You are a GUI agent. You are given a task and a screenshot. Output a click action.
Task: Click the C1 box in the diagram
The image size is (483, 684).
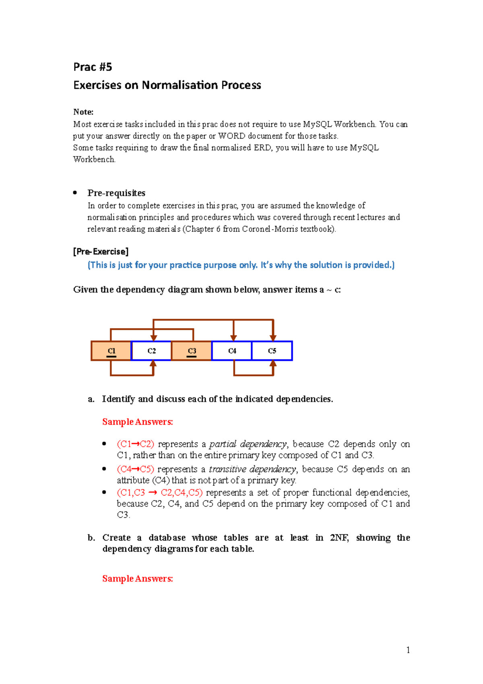tap(111, 351)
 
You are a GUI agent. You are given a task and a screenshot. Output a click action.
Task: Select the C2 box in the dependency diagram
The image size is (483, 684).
tap(151, 351)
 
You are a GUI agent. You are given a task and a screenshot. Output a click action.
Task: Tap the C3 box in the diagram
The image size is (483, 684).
tap(192, 351)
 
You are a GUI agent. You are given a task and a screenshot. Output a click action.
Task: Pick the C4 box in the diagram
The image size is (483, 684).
tap(232, 351)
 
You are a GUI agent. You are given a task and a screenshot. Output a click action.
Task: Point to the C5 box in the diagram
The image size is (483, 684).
tap(272, 351)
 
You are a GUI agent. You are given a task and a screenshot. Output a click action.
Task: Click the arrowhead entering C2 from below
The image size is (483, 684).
tap(153, 364)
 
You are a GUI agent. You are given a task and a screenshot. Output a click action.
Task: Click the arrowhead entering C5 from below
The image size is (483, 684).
tap(273, 364)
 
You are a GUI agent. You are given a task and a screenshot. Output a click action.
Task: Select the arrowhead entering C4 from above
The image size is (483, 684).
tap(233, 338)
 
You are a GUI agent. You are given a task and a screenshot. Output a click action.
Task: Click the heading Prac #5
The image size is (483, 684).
tap(93, 67)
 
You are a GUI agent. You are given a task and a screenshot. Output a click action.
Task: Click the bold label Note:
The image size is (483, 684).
tap(83, 112)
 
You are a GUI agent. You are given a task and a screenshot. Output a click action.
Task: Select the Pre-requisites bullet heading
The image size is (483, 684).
tap(116, 193)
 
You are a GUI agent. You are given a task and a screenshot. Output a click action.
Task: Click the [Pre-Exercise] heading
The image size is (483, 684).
tap(101, 252)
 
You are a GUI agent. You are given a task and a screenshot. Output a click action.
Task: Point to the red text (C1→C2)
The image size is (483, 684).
tap(136, 444)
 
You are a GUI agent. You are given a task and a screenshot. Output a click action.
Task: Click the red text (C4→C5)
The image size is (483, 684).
tap(136, 469)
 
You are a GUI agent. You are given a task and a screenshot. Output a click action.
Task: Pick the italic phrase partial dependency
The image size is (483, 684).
tap(248, 444)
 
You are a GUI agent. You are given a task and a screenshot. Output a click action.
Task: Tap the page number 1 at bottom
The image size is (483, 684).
tap(408, 650)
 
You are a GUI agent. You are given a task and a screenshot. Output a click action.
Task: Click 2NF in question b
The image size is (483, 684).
tap(339, 538)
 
